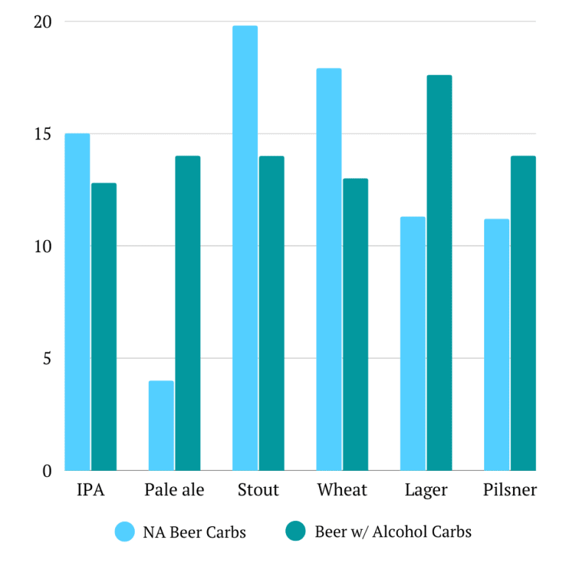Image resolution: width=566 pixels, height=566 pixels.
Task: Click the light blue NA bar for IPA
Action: pos(77,302)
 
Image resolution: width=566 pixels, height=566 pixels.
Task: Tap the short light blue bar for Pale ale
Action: pos(161,426)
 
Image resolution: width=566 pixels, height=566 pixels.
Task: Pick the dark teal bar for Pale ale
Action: pos(188,313)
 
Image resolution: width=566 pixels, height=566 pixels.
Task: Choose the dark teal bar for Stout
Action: pos(272,313)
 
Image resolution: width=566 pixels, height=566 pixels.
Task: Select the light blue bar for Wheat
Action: pos(329,270)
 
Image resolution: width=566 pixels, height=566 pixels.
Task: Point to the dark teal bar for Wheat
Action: pos(355,324)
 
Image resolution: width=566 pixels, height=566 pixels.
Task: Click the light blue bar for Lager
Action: pos(413,343)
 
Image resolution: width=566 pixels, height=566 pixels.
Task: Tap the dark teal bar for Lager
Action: pos(439,273)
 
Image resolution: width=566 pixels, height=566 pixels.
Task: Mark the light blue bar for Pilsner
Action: pos(497,345)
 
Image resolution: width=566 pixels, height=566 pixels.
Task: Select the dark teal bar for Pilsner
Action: pos(523,313)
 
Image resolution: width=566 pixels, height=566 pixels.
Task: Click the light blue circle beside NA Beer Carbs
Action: pos(125,532)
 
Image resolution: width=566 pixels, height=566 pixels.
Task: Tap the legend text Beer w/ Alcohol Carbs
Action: pos(393,532)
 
